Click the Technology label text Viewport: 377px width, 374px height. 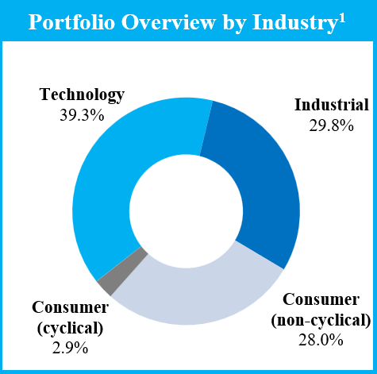point(82,94)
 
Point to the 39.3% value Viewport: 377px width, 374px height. point(82,115)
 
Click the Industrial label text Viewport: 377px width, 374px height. point(332,105)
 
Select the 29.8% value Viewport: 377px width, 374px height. point(332,125)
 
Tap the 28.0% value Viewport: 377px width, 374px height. point(321,340)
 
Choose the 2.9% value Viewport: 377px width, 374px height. point(70,348)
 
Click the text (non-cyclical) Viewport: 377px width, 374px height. point(321,321)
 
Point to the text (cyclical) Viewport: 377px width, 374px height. point(70,329)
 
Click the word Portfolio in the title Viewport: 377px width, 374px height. point(71,22)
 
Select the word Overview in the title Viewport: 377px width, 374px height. point(169,22)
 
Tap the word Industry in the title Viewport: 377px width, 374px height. point(294,23)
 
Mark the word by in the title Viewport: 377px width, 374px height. point(234,24)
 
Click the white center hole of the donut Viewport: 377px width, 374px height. point(186,211)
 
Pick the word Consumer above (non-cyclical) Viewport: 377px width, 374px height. point(321,300)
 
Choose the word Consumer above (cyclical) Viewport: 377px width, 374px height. point(70,307)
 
